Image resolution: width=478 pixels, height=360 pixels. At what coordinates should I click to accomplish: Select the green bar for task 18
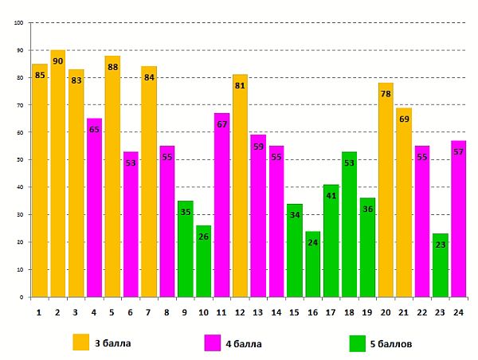pos(349,224)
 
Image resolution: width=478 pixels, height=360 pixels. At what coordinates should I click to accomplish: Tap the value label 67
pos(221,124)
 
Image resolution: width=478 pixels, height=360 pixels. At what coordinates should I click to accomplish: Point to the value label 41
pos(331,195)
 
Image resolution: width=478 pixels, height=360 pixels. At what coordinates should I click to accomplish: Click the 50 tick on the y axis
pos(18,159)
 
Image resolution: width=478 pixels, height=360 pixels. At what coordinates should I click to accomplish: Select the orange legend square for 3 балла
pos(81,342)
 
